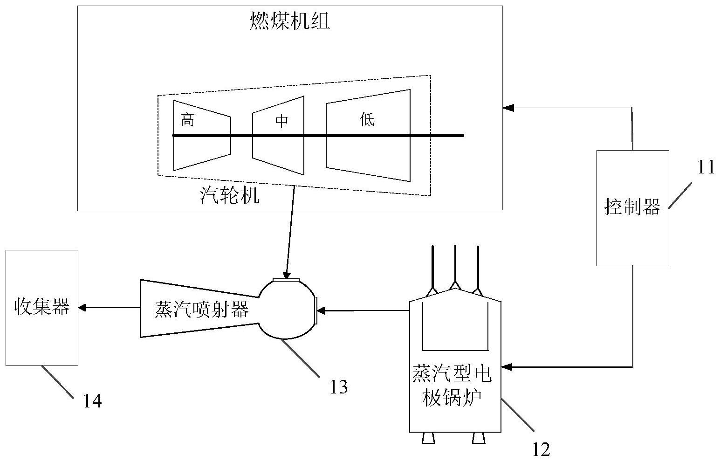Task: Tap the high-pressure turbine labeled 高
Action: [202, 135]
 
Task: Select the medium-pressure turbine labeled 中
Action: [278, 135]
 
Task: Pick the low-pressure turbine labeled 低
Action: [368, 135]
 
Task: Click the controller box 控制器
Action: [632, 207]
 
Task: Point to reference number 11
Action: [706, 167]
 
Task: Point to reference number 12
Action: [541, 449]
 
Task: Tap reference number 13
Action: [339, 387]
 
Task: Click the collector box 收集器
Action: [42, 308]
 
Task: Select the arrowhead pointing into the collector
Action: [82, 308]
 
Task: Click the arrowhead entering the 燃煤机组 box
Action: [507, 108]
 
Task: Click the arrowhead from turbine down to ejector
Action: [287, 275]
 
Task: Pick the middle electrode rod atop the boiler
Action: [455, 263]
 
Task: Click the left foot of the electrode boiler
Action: [428, 438]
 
